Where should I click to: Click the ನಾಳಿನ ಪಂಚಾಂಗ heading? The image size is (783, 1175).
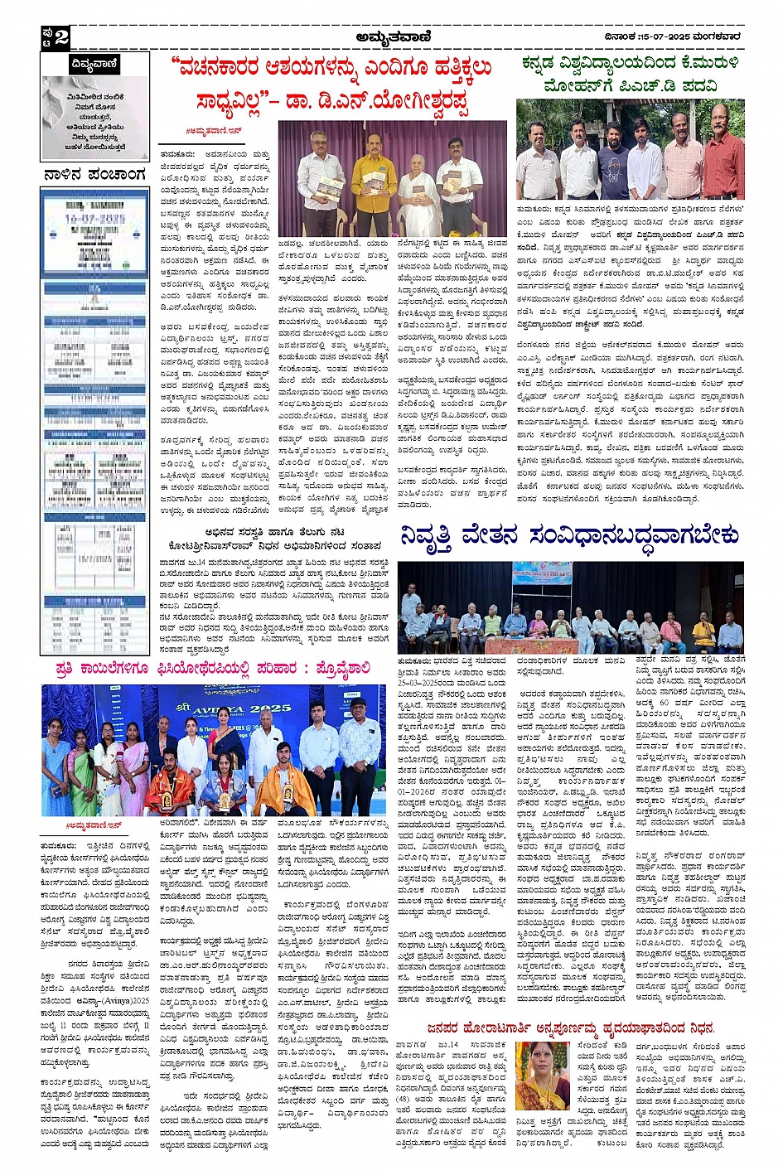click(x=95, y=175)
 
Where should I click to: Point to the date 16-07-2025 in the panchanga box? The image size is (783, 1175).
click(x=95, y=220)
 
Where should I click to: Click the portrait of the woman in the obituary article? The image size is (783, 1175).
click(x=542, y=1076)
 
